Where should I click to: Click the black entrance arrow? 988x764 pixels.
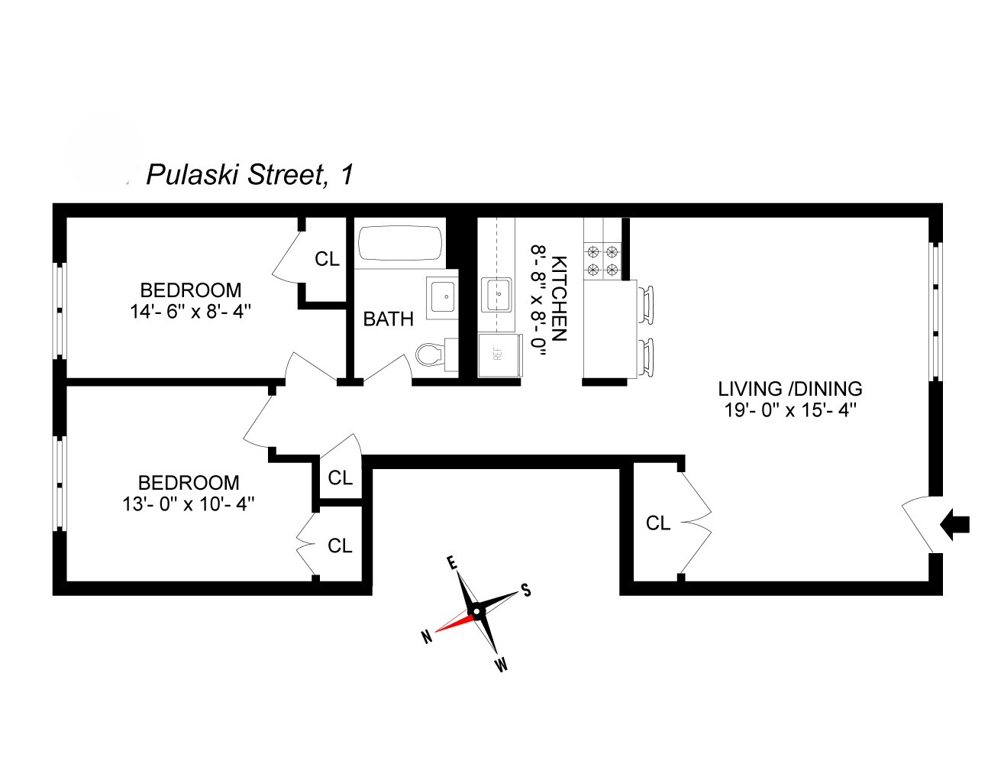coord(956,524)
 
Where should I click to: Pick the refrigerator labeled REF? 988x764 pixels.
coord(499,354)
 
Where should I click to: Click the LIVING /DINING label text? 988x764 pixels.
coord(790,389)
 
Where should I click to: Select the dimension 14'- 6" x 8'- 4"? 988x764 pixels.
coord(191,312)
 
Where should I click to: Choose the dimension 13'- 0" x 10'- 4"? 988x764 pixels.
coord(189,504)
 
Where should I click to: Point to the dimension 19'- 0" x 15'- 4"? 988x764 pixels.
coord(790,410)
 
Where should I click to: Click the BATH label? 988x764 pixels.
coord(388,319)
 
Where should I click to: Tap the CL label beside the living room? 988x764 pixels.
coord(658,523)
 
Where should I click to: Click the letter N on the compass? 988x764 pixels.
coord(425,636)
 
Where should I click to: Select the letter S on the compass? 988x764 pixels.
coord(526,590)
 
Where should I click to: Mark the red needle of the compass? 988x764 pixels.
coord(455,621)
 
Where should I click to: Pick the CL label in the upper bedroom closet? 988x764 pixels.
coord(327,260)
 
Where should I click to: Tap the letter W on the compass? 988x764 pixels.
coord(500,665)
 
